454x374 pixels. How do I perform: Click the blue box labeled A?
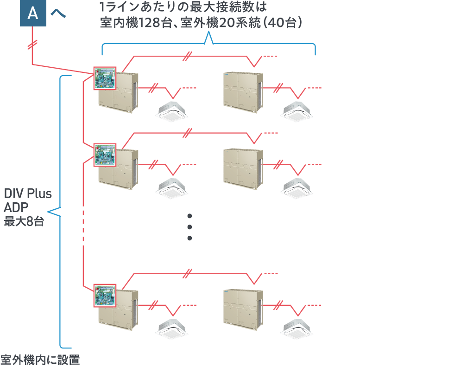33,13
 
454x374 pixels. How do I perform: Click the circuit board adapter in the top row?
105,78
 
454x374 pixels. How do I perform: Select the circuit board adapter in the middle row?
105,155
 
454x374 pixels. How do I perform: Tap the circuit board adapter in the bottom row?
105,296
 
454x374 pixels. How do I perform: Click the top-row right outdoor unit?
243,92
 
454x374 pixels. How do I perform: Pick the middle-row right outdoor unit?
243,169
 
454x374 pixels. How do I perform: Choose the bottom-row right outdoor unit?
243,310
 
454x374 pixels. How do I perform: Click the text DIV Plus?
28,193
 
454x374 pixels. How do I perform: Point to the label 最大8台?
24,221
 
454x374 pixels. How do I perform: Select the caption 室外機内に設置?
40,360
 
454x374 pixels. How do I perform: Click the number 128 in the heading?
150,23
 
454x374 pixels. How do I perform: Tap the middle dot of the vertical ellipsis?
189,227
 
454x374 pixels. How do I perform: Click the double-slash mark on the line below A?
32,45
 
